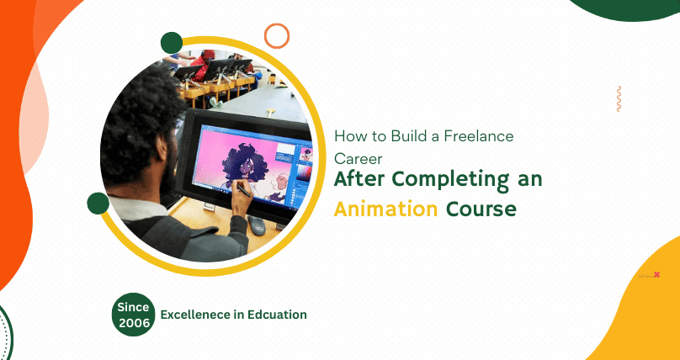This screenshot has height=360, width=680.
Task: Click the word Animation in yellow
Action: click(385, 209)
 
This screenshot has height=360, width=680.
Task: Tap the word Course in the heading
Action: click(481, 209)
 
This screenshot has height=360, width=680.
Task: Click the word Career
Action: click(359, 157)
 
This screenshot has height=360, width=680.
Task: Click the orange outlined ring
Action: click(276, 35)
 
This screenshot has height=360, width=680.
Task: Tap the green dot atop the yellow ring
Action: click(172, 43)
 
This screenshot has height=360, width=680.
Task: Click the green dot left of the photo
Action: click(98, 203)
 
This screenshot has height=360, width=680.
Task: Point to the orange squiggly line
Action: click(619, 98)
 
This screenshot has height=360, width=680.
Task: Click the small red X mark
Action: click(656, 274)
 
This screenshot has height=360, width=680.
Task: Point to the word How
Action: click(348, 135)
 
